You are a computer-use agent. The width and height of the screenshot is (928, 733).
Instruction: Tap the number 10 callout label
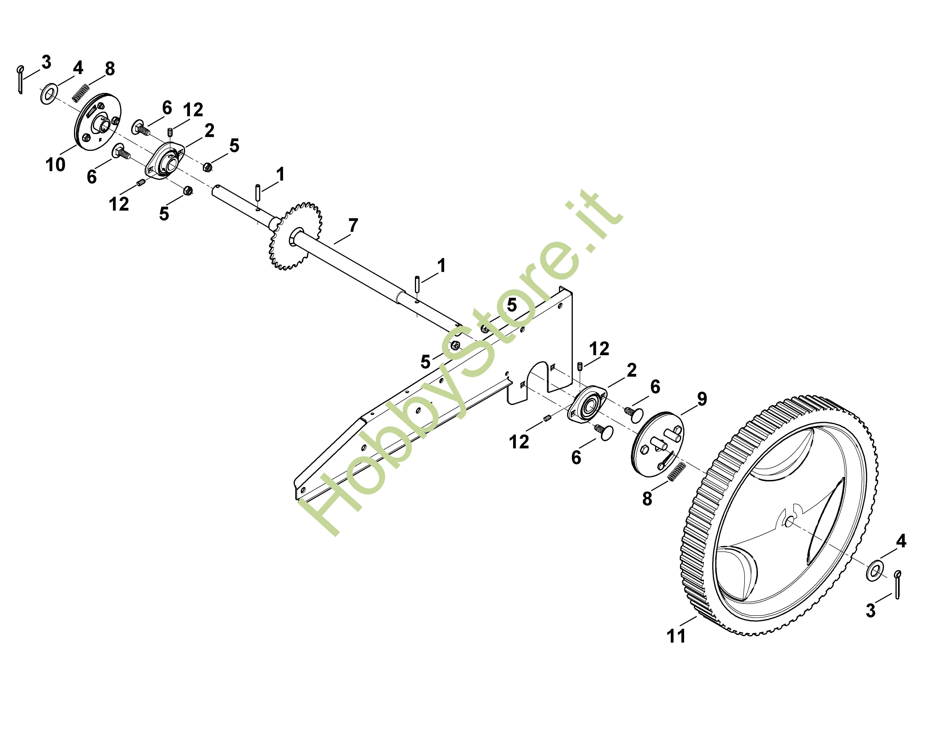(55, 164)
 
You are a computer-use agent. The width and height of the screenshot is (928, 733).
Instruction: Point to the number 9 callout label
(702, 399)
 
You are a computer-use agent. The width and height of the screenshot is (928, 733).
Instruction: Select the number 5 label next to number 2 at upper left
(234, 146)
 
